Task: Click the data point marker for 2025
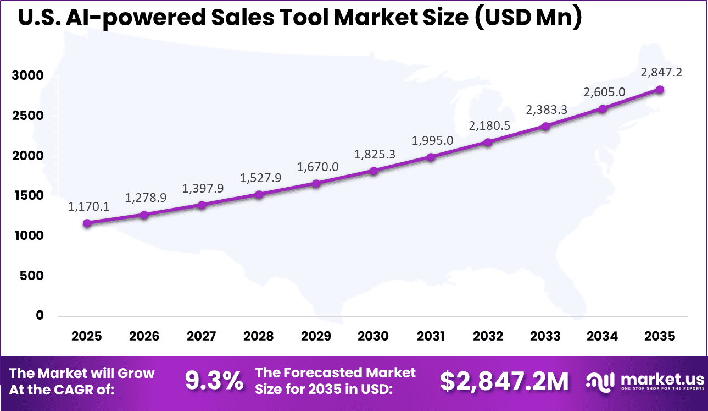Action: tap(87, 223)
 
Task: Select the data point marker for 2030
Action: tap(373, 171)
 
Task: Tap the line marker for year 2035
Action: tap(660, 90)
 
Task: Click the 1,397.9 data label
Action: tap(204, 188)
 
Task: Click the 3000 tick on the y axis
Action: tap(27, 75)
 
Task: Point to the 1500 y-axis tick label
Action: tap(27, 195)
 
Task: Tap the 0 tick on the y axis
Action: tap(39, 315)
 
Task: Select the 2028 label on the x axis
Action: tap(259, 336)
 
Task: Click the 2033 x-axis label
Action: tap(545, 336)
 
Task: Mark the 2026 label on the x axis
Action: tap(144, 336)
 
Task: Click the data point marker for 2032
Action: tap(488, 143)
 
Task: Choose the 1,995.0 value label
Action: tap(433, 140)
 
